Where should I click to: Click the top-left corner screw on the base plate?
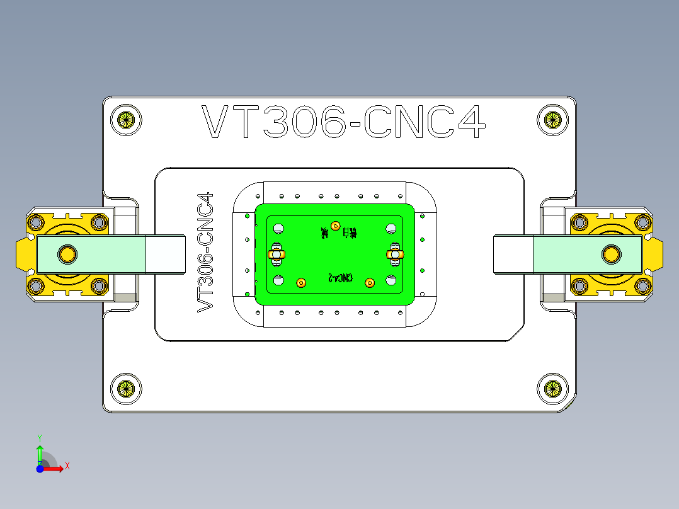126,119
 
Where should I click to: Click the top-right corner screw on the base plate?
552,119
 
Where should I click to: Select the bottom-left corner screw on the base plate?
126,388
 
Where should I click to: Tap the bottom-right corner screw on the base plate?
552,388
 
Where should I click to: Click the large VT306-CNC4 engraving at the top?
343,122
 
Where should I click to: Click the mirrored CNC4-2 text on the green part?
341,277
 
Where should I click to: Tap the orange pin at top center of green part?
335,226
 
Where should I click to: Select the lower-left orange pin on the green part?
301,283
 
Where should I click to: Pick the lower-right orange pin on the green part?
370,283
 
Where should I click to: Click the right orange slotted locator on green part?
394,254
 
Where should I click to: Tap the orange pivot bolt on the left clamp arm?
66,254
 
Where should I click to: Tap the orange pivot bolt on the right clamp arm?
610,254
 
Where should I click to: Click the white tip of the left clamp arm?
166,254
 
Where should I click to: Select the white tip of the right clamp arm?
513,254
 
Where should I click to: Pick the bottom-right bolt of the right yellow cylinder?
643,287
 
